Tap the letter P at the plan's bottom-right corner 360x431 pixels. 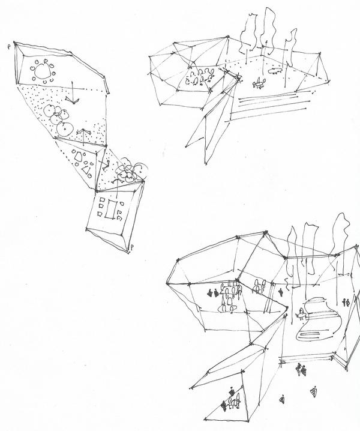(x=132, y=246)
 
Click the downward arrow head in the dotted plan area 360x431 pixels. (x=73, y=100)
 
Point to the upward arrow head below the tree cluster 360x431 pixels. (x=85, y=133)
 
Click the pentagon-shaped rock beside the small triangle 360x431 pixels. (x=77, y=155)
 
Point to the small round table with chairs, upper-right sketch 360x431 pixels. (x=259, y=83)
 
